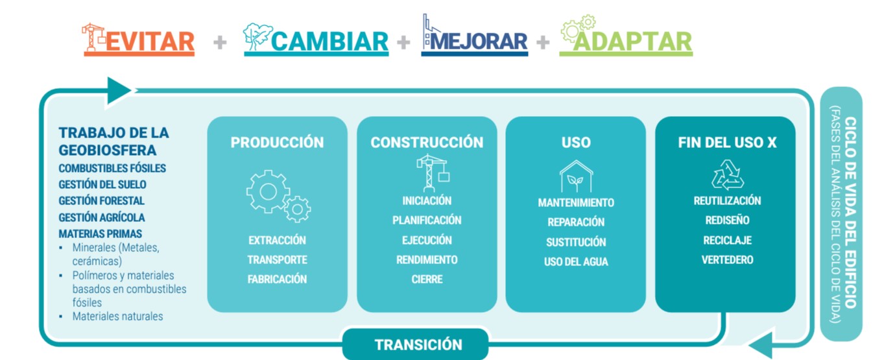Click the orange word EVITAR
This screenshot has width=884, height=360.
150,42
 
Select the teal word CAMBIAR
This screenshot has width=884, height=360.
330,42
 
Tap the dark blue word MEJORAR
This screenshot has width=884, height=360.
479,42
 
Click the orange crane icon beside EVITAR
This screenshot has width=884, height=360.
93,37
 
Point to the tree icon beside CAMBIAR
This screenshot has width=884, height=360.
257,36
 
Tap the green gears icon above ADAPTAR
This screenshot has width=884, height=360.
578,28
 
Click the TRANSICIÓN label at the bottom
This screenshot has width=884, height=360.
418,344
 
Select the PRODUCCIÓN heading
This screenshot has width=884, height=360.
277,143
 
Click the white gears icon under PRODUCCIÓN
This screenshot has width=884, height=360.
278,196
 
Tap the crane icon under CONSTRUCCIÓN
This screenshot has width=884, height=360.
433,173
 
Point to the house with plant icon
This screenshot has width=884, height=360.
576,176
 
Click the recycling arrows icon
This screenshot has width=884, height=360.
728,175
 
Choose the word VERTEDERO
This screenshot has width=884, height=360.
727,259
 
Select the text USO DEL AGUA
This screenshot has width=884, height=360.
576,261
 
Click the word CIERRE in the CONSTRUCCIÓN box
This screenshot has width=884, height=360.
427,280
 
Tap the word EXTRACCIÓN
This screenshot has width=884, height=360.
277,241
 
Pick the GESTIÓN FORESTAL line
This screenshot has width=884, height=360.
101,201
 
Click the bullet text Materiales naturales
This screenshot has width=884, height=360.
117,316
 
